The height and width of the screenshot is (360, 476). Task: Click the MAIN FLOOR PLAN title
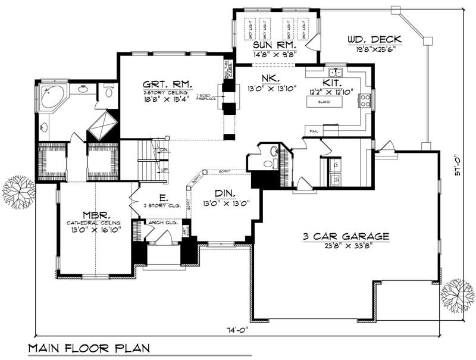[88, 348]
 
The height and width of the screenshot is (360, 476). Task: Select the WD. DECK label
[374, 40]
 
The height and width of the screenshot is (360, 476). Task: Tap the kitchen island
[326, 102]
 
